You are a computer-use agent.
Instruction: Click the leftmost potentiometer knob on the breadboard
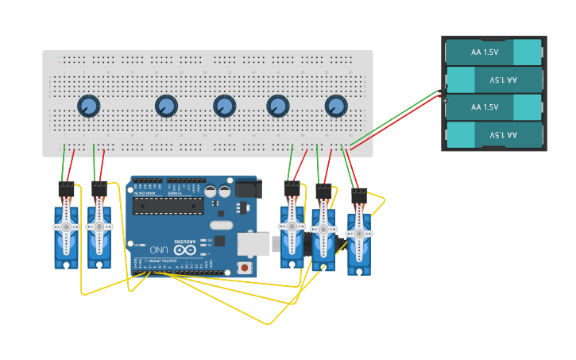pyautogui.click(x=88, y=106)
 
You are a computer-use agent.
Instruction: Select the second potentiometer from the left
pyautogui.click(x=166, y=106)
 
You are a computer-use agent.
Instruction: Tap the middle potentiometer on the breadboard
pyautogui.click(x=225, y=106)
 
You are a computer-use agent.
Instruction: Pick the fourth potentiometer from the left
pyautogui.click(x=278, y=106)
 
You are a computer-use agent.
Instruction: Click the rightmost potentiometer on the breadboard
pyautogui.click(x=336, y=106)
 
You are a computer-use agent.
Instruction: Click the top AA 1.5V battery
pyautogui.click(x=493, y=52)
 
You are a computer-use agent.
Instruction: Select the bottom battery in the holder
pyautogui.click(x=493, y=134)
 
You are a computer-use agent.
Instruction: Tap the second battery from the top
pyautogui.click(x=493, y=79)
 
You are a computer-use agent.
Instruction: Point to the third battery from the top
pyautogui.click(x=493, y=107)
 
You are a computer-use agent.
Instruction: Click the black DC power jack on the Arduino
pyautogui.click(x=247, y=188)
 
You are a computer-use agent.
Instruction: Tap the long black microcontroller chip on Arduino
pyautogui.click(x=168, y=206)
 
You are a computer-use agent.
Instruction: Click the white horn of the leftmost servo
pyautogui.click(x=66, y=228)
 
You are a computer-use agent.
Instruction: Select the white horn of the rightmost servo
pyautogui.click(x=359, y=234)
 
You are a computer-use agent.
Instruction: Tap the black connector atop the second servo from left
pyautogui.click(x=99, y=189)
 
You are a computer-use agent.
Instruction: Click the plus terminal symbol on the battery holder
pyautogui.click(x=444, y=100)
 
